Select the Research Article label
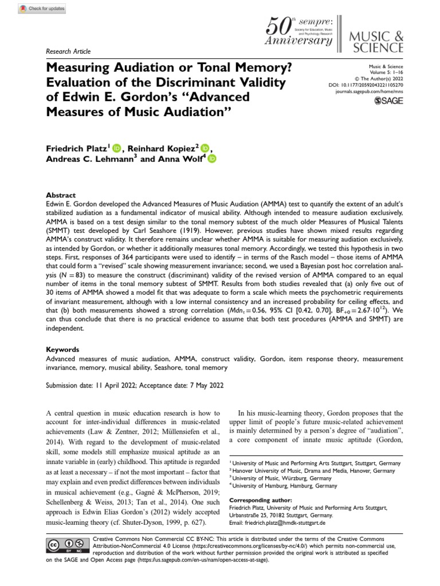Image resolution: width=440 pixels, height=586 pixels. pyautogui.click(x=68, y=52)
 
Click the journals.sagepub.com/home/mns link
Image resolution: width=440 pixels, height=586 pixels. pyautogui.click(x=371, y=91)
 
